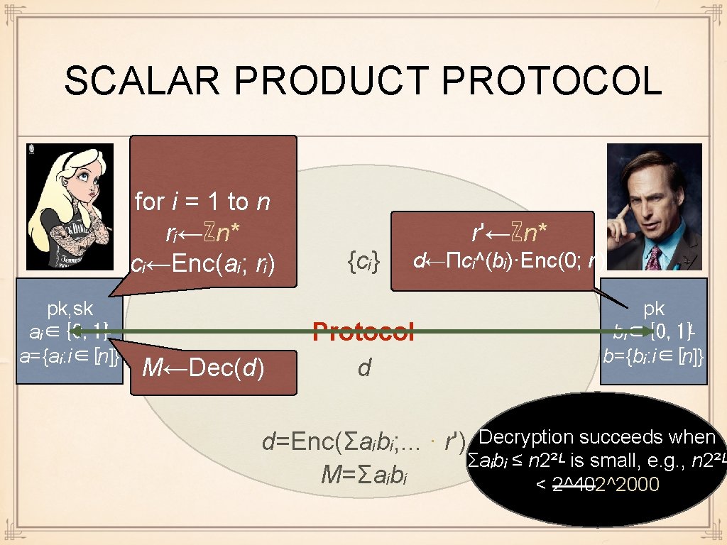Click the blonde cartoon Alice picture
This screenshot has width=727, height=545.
click(69, 206)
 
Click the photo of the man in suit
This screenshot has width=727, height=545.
click(654, 206)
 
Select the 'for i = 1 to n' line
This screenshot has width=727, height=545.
click(202, 202)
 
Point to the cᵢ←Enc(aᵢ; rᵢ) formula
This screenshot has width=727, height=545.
click(204, 264)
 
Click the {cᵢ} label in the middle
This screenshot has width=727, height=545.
click(364, 263)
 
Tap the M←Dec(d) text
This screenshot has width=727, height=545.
click(204, 368)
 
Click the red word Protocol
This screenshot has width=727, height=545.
click(363, 331)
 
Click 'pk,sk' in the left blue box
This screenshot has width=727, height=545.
click(69, 309)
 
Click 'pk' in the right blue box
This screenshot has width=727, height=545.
click(654, 309)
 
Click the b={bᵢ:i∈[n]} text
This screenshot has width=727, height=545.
click(654, 356)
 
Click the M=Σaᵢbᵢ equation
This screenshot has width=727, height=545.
click(366, 473)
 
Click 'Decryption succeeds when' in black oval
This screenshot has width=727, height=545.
click(598, 437)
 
